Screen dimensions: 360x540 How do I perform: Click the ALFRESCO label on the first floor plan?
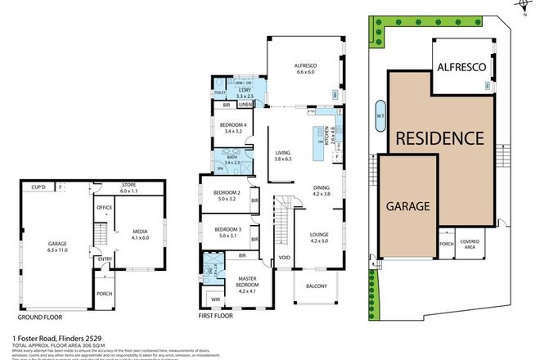tap(304, 66)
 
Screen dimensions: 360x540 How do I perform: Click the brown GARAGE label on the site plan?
tap(407, 207)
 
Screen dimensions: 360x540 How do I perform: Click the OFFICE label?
tap(104, 208)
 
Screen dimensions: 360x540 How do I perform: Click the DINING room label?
tap(321, 191)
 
